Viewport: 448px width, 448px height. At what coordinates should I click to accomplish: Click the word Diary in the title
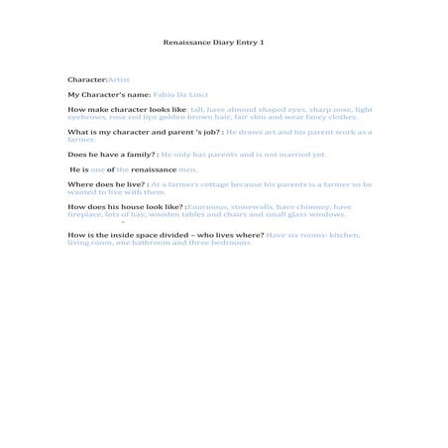[x=221, y=44]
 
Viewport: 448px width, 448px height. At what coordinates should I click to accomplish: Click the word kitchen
[x=342, y=235]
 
